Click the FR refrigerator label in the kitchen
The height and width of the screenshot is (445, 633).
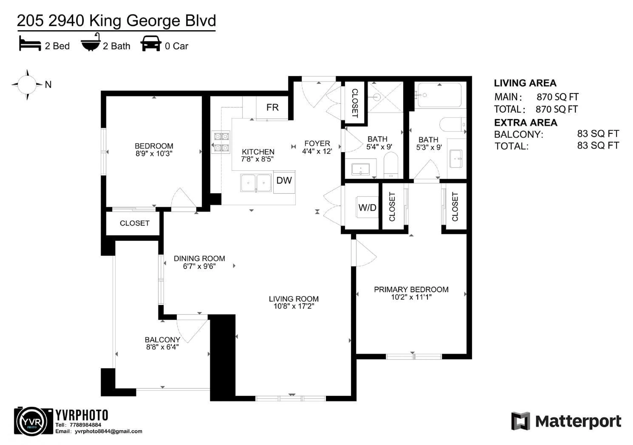pyautogui.click(x=272, y=107)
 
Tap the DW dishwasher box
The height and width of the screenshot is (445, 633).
pyautogui.click(x=284, y=181)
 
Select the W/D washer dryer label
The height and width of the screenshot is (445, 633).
pyautogui.click(x=367, y=207)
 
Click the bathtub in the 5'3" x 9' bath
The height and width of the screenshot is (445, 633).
pyautogui.click(x=439, y=95)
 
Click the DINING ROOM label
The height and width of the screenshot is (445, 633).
pyautogui.click(x=199, y=258)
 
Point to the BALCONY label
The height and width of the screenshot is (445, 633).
pyautogui.click(x=162, y=340)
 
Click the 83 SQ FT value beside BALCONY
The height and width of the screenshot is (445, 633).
pyautogui.click(x=598, y=134)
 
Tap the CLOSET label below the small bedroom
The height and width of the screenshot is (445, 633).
pyautogui.click(x=135, y=223)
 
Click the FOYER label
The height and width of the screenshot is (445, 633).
pyautogui.click(x=317, y=144)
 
